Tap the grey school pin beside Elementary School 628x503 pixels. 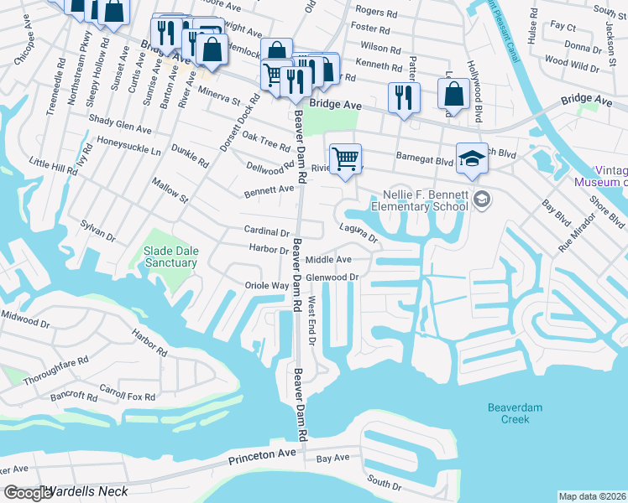point(482,199)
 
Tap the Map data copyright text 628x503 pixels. point(593,496)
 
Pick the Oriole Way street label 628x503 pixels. point(267,286)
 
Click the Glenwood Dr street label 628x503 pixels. point(332,277)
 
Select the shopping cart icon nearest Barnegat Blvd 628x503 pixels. point(345,158)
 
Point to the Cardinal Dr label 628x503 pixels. point(266,231)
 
